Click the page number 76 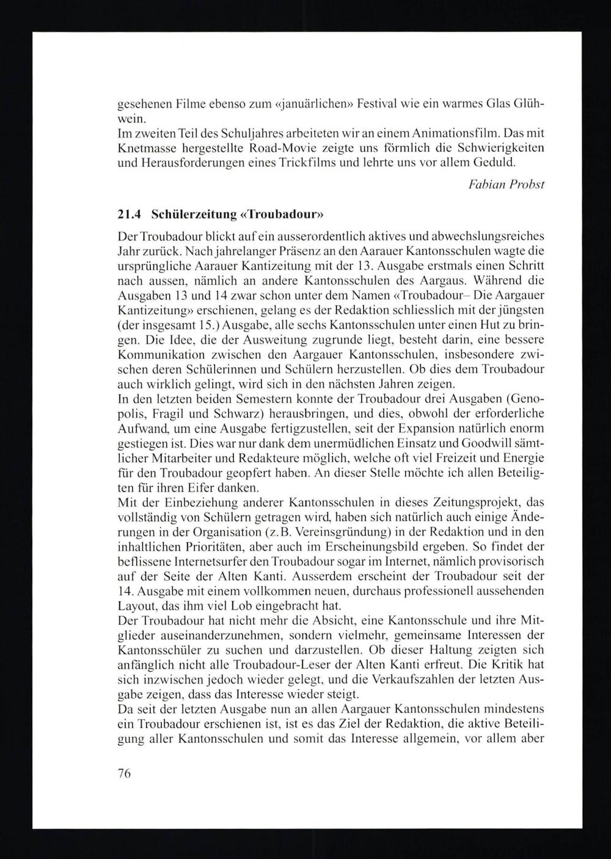click(124, 772)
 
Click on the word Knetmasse click(142, 149)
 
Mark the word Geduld click(494, 163)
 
